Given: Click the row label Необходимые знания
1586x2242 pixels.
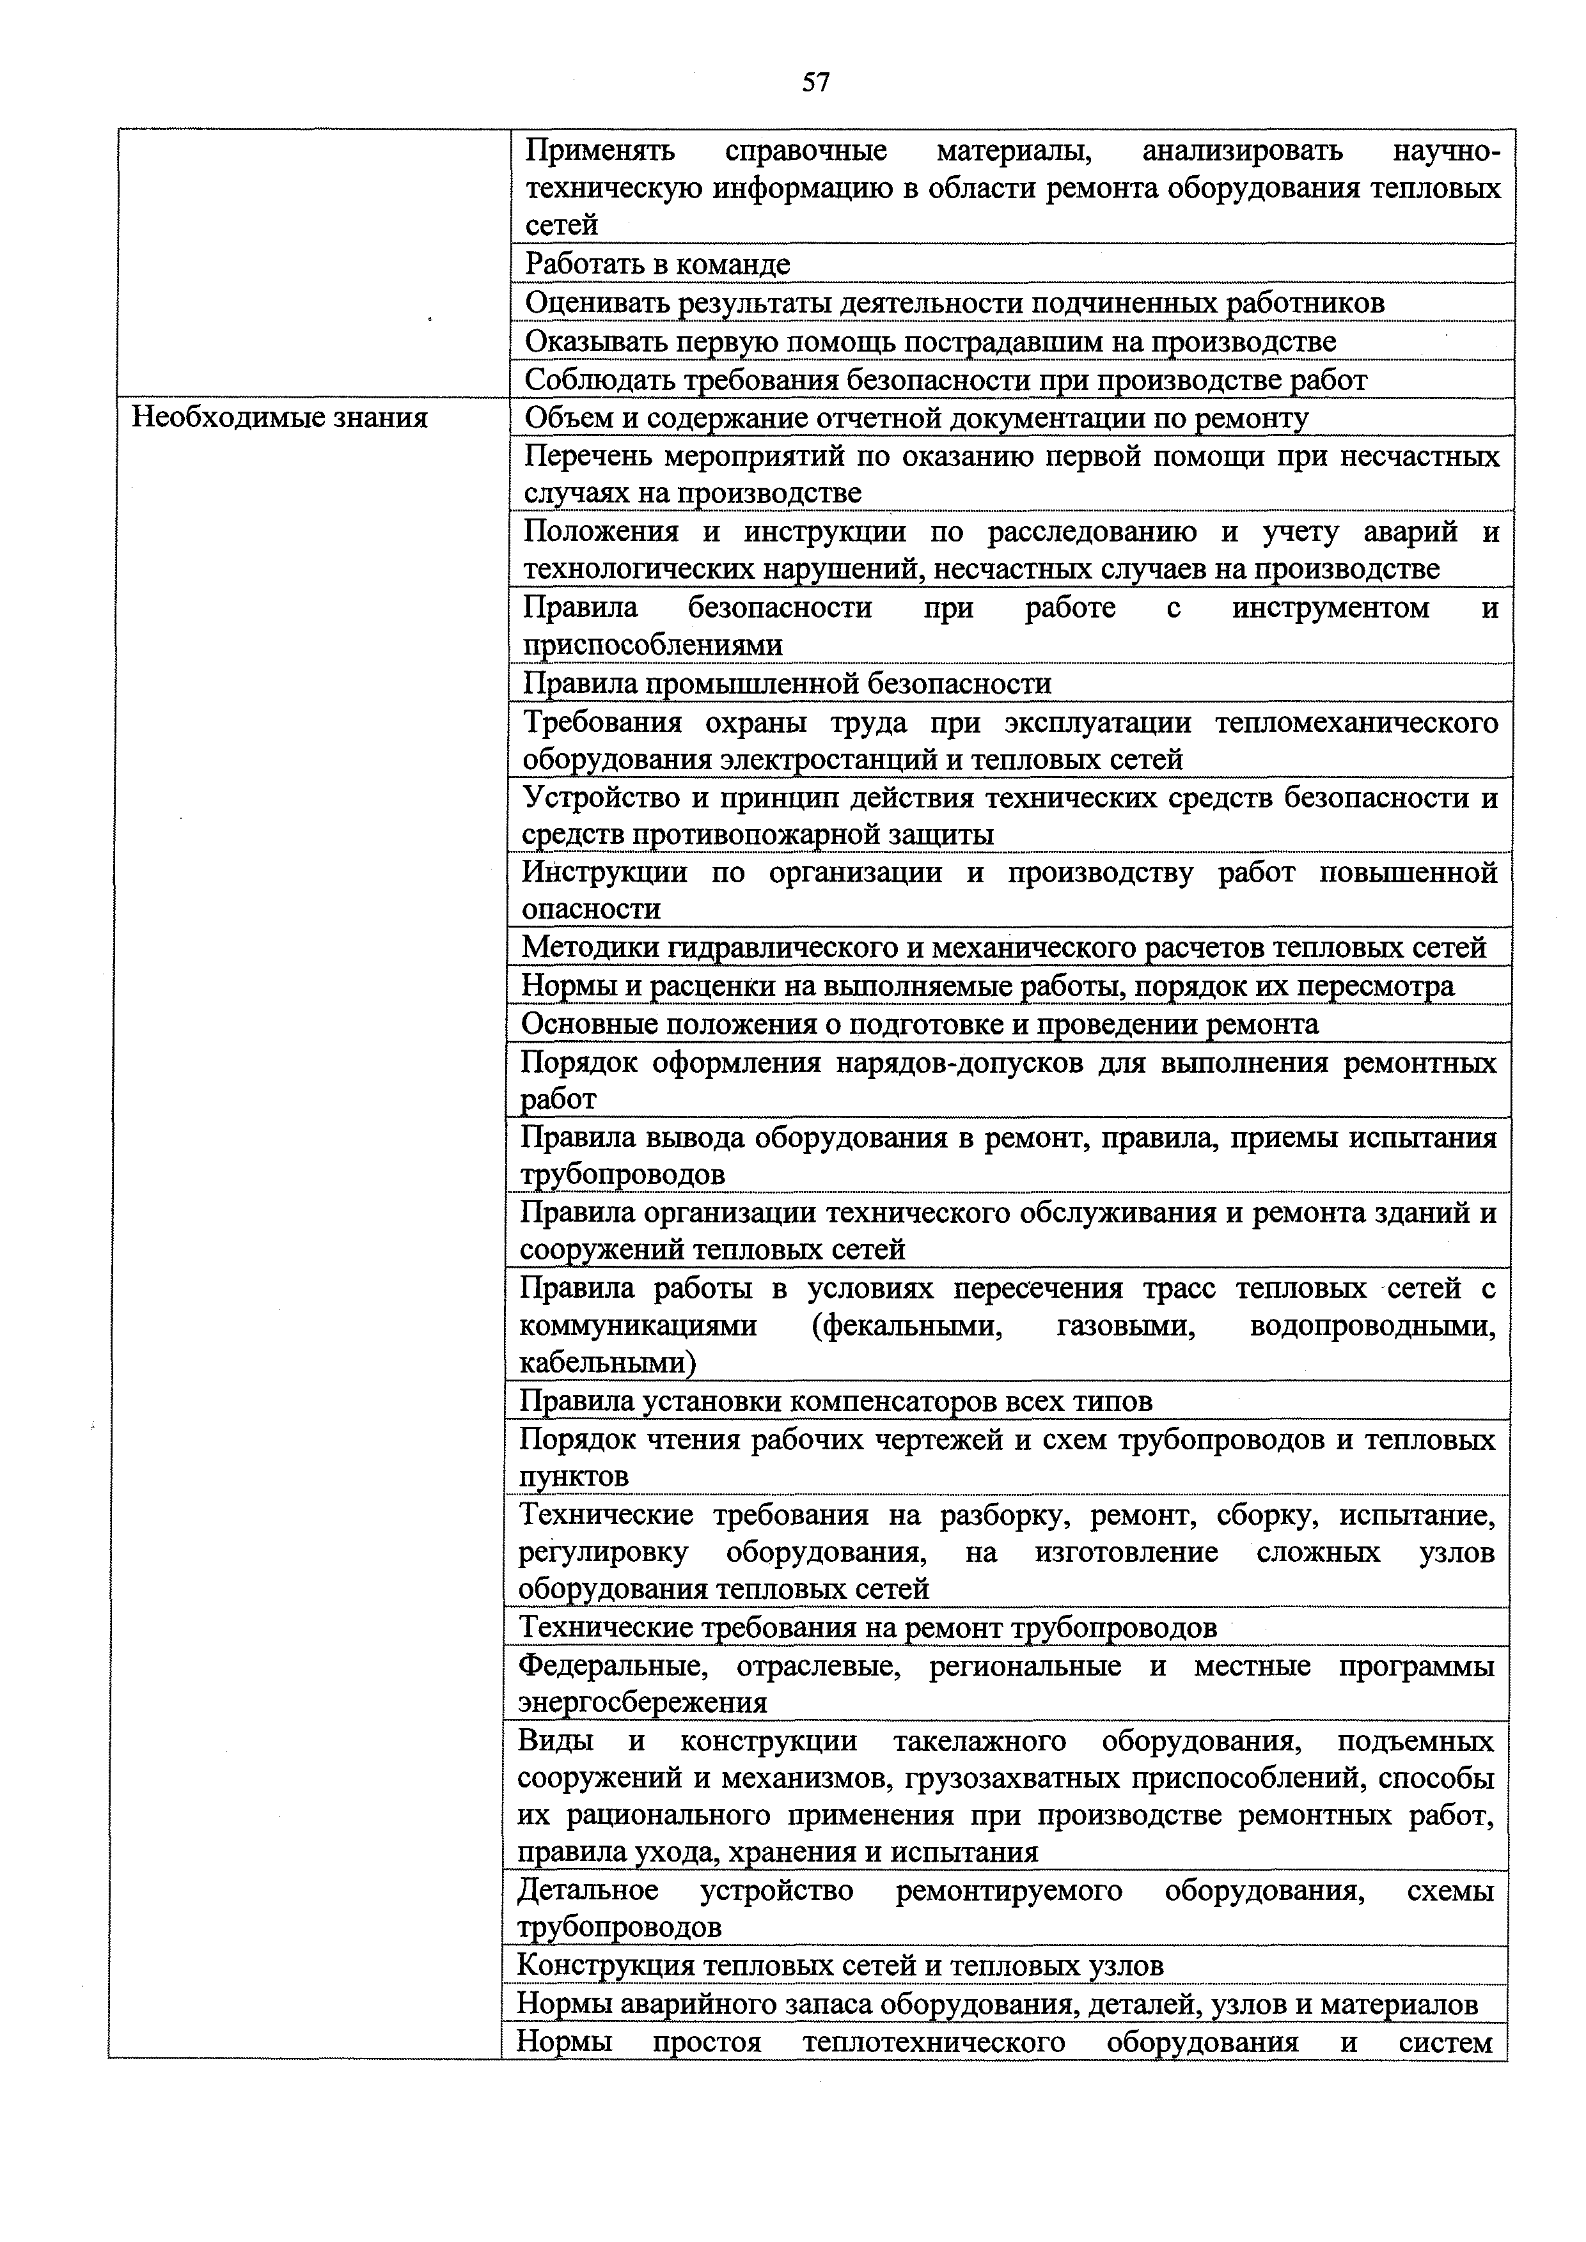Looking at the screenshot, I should (x=279, y=418).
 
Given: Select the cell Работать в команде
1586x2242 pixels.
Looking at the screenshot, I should (x=657, y=263).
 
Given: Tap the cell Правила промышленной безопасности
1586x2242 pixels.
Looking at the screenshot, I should (x=787, y=683).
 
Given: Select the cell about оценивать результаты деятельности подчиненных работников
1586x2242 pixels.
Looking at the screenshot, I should (x=954, y=303).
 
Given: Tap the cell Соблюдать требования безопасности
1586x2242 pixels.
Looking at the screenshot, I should (x=945, y=379).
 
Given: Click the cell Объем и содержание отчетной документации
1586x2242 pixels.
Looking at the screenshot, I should (x=916, y=418).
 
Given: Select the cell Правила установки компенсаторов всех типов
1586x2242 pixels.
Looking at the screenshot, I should (x=835, y=1401).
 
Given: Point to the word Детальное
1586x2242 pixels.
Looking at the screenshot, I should (x=587, y=1892).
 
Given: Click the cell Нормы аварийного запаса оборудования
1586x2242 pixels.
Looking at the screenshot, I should (x=996, y=2004).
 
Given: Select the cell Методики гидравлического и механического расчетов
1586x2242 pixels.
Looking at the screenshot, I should (x=1003, y=947).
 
